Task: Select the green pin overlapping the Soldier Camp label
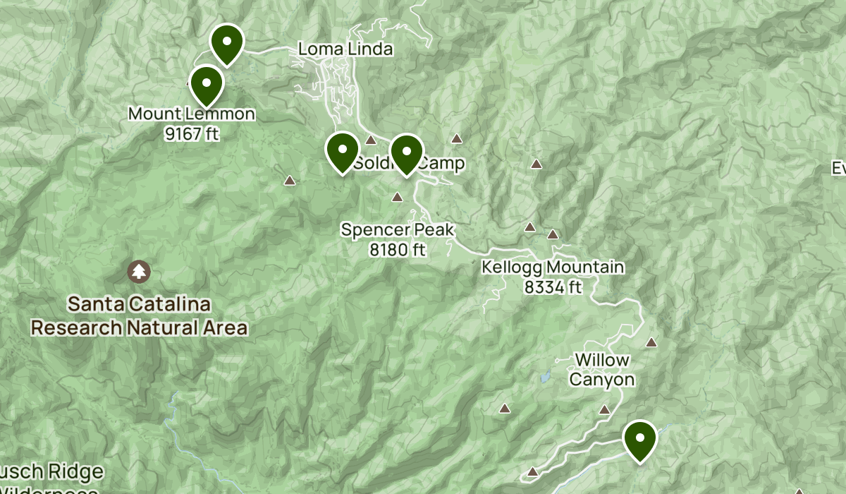[406, 153]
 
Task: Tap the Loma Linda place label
[345, 49]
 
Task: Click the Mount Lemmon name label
[192, 114]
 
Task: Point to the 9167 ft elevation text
[192, 133]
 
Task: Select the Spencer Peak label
[398, 229]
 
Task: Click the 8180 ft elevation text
[398, 249]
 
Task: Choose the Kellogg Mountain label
[553, 267]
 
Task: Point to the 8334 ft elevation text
[553, 287]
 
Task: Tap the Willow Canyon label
[602, 370]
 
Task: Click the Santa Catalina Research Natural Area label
[139, 316]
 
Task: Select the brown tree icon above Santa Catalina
[139, 270]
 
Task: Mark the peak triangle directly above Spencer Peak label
[398, 198]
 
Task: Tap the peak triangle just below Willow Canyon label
[604, 409]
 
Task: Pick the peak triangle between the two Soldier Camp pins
[371, 140]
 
